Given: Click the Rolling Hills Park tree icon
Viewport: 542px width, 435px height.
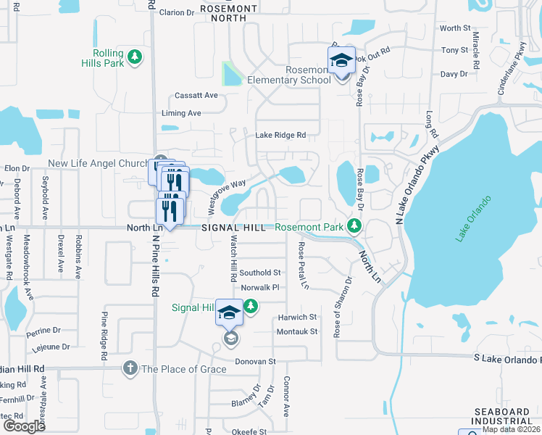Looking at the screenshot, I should (x=134, y=56).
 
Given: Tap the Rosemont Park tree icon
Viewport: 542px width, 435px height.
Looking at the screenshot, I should (x=354, y=227).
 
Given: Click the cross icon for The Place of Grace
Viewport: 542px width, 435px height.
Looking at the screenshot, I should (x=130, y=368).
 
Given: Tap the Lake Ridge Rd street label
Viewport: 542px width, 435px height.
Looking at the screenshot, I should (x=280, y=135).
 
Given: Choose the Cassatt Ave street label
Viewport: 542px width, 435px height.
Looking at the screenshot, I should (x=196, y=96).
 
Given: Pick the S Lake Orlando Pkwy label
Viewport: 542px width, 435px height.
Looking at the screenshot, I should (x=507, y=357).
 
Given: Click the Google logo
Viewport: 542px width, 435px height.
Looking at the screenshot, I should (x=24, y=426).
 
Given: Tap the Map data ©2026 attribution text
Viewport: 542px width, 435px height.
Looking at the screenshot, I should (x=511, y=429).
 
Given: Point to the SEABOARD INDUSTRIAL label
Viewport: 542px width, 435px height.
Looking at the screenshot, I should (x=503, y=416).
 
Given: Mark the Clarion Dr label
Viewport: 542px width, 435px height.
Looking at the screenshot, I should (x=177, y=12).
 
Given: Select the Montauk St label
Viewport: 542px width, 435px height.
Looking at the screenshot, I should (x=297, y=331).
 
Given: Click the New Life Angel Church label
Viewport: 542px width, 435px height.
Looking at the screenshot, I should (x=97, y=164).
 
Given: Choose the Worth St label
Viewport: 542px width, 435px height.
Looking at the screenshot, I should (x=455, y=28).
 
